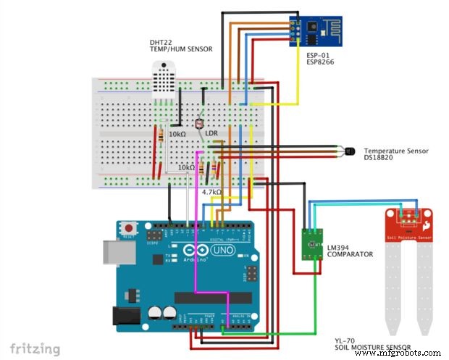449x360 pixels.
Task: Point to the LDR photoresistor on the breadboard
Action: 201,125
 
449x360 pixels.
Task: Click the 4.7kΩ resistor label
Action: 211,192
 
